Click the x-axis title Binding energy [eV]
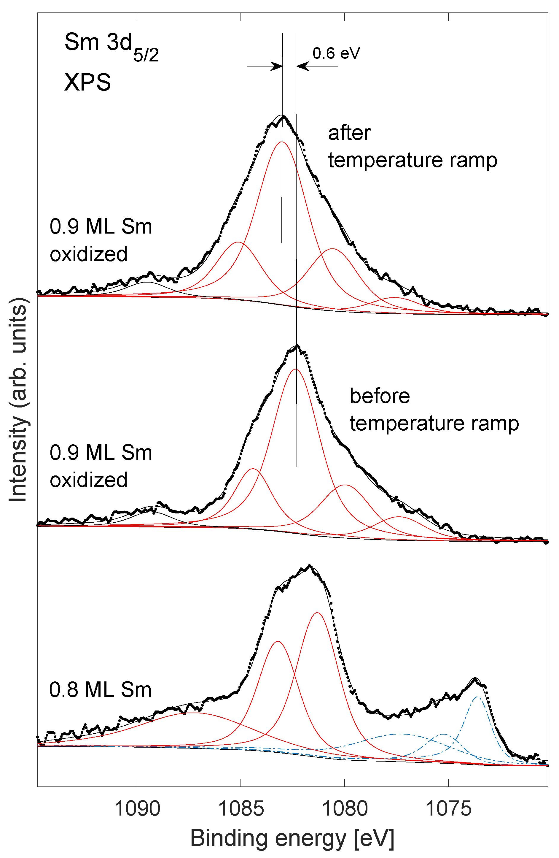pyautogui.click(x=292, y=838)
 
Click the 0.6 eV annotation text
pyautogui.click(x=336, y=53)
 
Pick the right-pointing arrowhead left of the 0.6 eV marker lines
pyautogui.click(x=277, y=66)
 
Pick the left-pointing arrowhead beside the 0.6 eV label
pyautogui.click(x=302, y=66)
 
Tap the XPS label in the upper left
pyautogui.click(x=87, y=82)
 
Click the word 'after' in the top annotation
pyautogui.click(x=349, y=133)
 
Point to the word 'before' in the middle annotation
pyautogui.click(x=380, y=396)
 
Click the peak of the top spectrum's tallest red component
pyautogui.click(x=282, y=142)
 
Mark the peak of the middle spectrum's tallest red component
pyautogui.click(x=296, y=369)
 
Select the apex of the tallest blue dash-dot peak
pyautogui.click(x=477, y=697)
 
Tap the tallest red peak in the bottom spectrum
pyautogui.click(x=317, y=613)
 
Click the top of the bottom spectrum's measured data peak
pyautogui.click(x=309, y=565)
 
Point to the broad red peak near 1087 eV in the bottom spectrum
pyautogui.click(x=193, y=713)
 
